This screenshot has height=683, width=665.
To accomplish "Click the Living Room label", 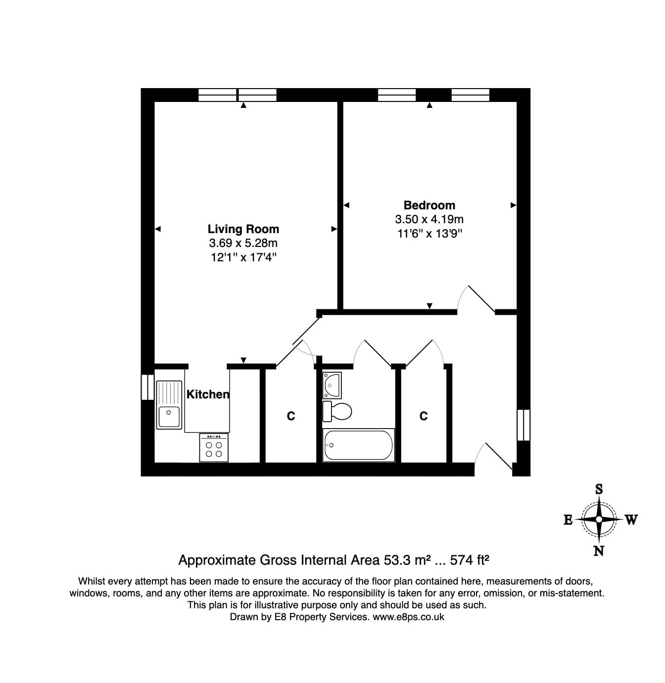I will pyautogui.click(x=243, y=229).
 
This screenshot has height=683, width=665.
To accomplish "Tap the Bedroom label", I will pyautogui.click(x=429, y=205).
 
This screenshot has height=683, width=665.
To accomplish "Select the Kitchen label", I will pyautogui.click(x=208, y=394).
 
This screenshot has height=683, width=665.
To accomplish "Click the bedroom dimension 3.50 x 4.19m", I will pyautogui.click(x=429, y=219).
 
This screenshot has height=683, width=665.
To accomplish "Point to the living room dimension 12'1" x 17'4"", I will pyautogui.click(x=243, y=257).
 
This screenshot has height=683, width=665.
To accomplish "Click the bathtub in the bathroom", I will pyautogui.click(x=358, y=445).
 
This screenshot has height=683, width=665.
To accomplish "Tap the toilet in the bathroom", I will pyautogui.click(x=337, y=411).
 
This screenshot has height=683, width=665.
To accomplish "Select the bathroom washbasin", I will pyautogui.click(x=332, y=385).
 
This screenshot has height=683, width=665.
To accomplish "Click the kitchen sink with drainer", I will pyautogui.click(x=169, y=404).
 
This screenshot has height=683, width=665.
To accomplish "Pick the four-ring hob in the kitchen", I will pyautogui.click(x=214, y=447).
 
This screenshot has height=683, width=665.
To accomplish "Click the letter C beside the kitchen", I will pyautogui.click(x=291, y=417).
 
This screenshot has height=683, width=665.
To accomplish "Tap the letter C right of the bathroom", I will pyautogui.click(x=423, y=417).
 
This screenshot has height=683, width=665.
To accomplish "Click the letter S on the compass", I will pyautogui.click(x=599, y=489).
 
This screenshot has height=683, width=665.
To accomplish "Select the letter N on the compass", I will pyautogui.click(x=599, y=551).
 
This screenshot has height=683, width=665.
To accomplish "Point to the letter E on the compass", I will pyautogui.click(x=568, y=520).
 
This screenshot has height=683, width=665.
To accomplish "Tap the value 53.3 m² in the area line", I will pyautogui.click(x=406, y=560).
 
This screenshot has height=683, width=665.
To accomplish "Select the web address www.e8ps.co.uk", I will pyautogui.click(x=408, y=617).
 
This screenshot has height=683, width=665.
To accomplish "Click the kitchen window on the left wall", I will pyautogui.click(x=147, y=387).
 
